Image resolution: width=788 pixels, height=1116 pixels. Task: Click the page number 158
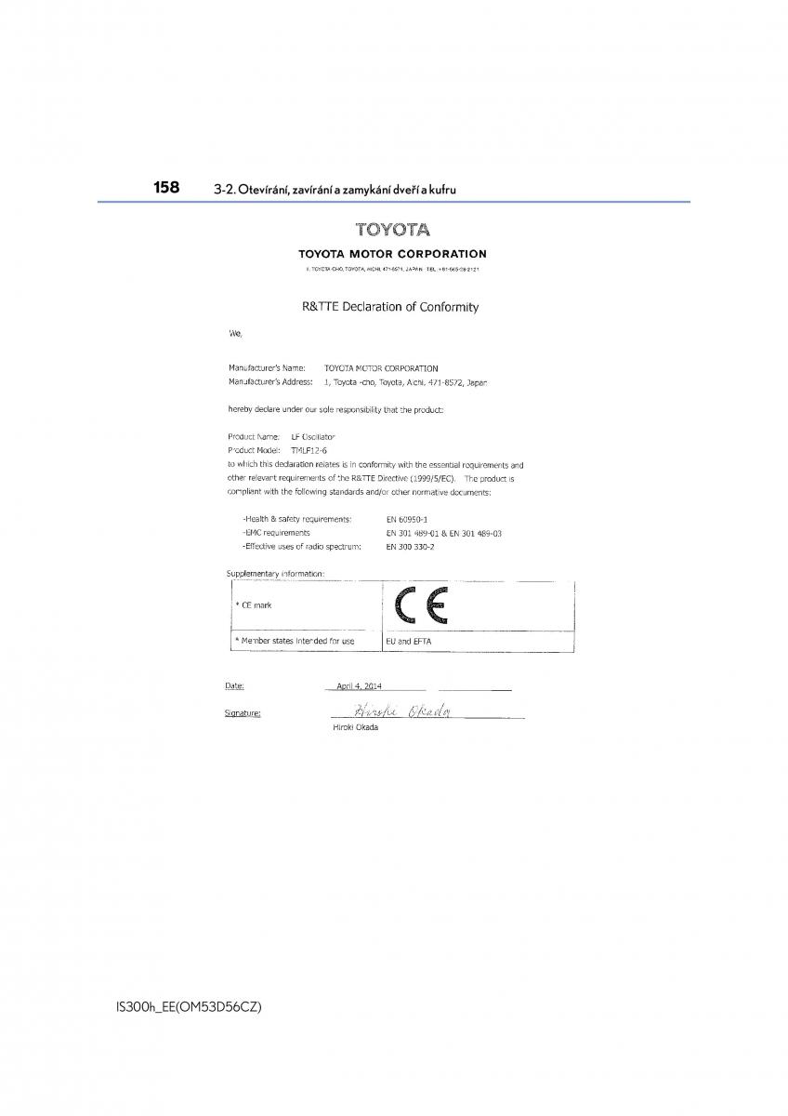[167, 187]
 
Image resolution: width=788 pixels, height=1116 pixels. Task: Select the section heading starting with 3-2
[335, 190]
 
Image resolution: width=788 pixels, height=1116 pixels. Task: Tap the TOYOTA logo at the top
[392, 230]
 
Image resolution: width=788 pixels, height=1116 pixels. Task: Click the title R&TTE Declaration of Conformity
[390, 306]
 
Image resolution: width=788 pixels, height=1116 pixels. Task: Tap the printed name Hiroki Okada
[355, 727]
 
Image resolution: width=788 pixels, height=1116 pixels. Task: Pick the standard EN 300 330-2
[410, 547]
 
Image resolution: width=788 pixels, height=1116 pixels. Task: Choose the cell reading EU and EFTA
[408, 641]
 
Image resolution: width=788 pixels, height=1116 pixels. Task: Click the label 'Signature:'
[243, 713]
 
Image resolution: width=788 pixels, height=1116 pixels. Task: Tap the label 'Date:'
[234, 686]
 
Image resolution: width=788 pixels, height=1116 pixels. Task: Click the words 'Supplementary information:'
[275, 574]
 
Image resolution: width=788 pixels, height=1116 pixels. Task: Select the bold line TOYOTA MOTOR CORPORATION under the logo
[392, 254]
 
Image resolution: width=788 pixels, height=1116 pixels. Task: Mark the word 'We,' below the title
[234, 333]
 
